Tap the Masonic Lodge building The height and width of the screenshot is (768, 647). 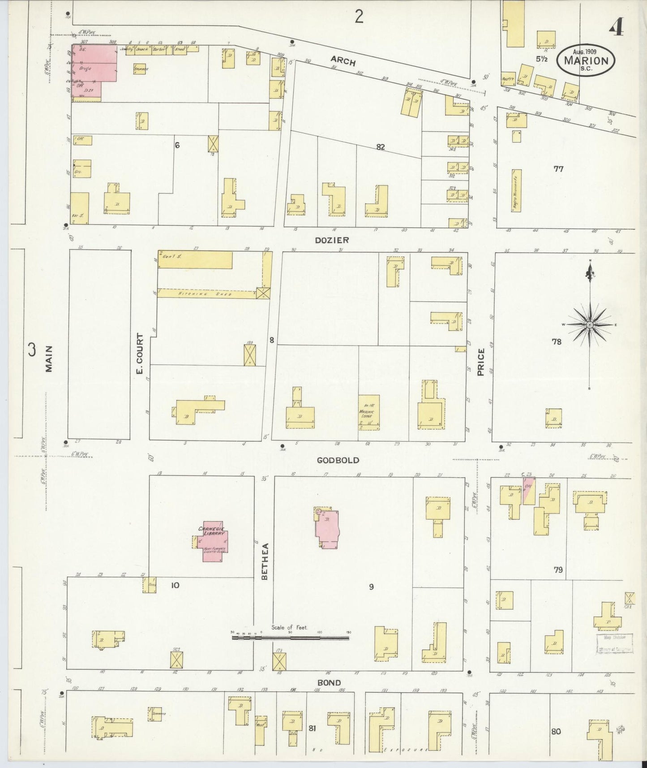tap(369, 412)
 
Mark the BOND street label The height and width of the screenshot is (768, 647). tap(329, 683)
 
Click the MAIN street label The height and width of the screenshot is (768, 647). tap(49, 359)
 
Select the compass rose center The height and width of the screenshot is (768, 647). tap(590, 324)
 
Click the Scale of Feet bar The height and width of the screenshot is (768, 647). tap(290, 637)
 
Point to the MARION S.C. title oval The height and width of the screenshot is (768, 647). tap(586, 60)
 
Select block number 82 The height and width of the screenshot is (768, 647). tap(380, 147)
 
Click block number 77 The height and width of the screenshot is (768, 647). tap(558, 169)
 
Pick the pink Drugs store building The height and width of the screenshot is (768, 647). tap(94, 67)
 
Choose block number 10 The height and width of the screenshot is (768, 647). tap(175, 585)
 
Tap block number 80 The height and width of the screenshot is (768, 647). tap(556, 731)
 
